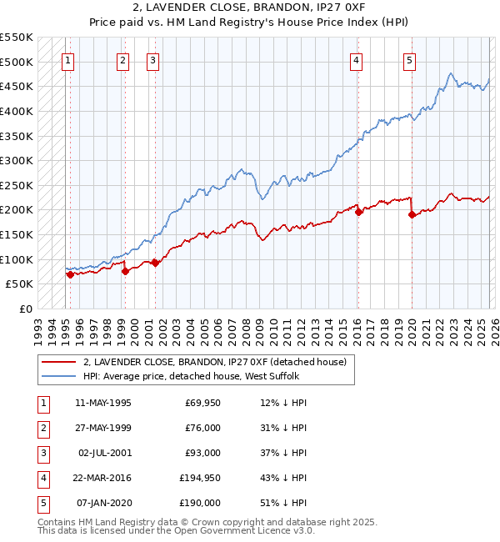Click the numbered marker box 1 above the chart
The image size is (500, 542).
click(67, 60)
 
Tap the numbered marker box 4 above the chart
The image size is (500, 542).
click(356, 60)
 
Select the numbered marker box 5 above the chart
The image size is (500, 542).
click(409, 60)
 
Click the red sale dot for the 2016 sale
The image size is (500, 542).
click(359, 212)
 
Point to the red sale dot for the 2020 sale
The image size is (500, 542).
click(412, 214)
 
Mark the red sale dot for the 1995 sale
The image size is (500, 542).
click(70, 274)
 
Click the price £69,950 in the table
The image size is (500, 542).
click(201, 403)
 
